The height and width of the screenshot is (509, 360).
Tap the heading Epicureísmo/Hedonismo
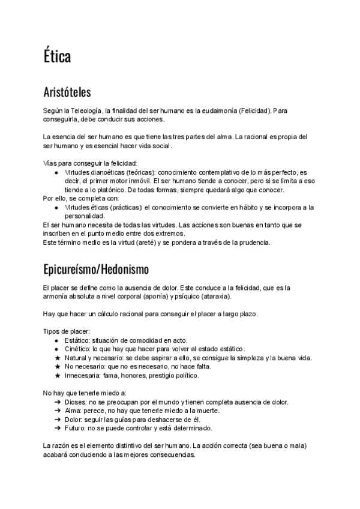tap(96, 267)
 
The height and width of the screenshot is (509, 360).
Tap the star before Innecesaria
tap(56, 376)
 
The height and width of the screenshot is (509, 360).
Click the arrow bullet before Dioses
tap(56, 402)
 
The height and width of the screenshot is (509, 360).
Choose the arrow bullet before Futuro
tap(56, 429)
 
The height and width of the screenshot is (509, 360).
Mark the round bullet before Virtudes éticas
tap(56, 207)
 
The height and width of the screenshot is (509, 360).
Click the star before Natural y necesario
tap(56, 358)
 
